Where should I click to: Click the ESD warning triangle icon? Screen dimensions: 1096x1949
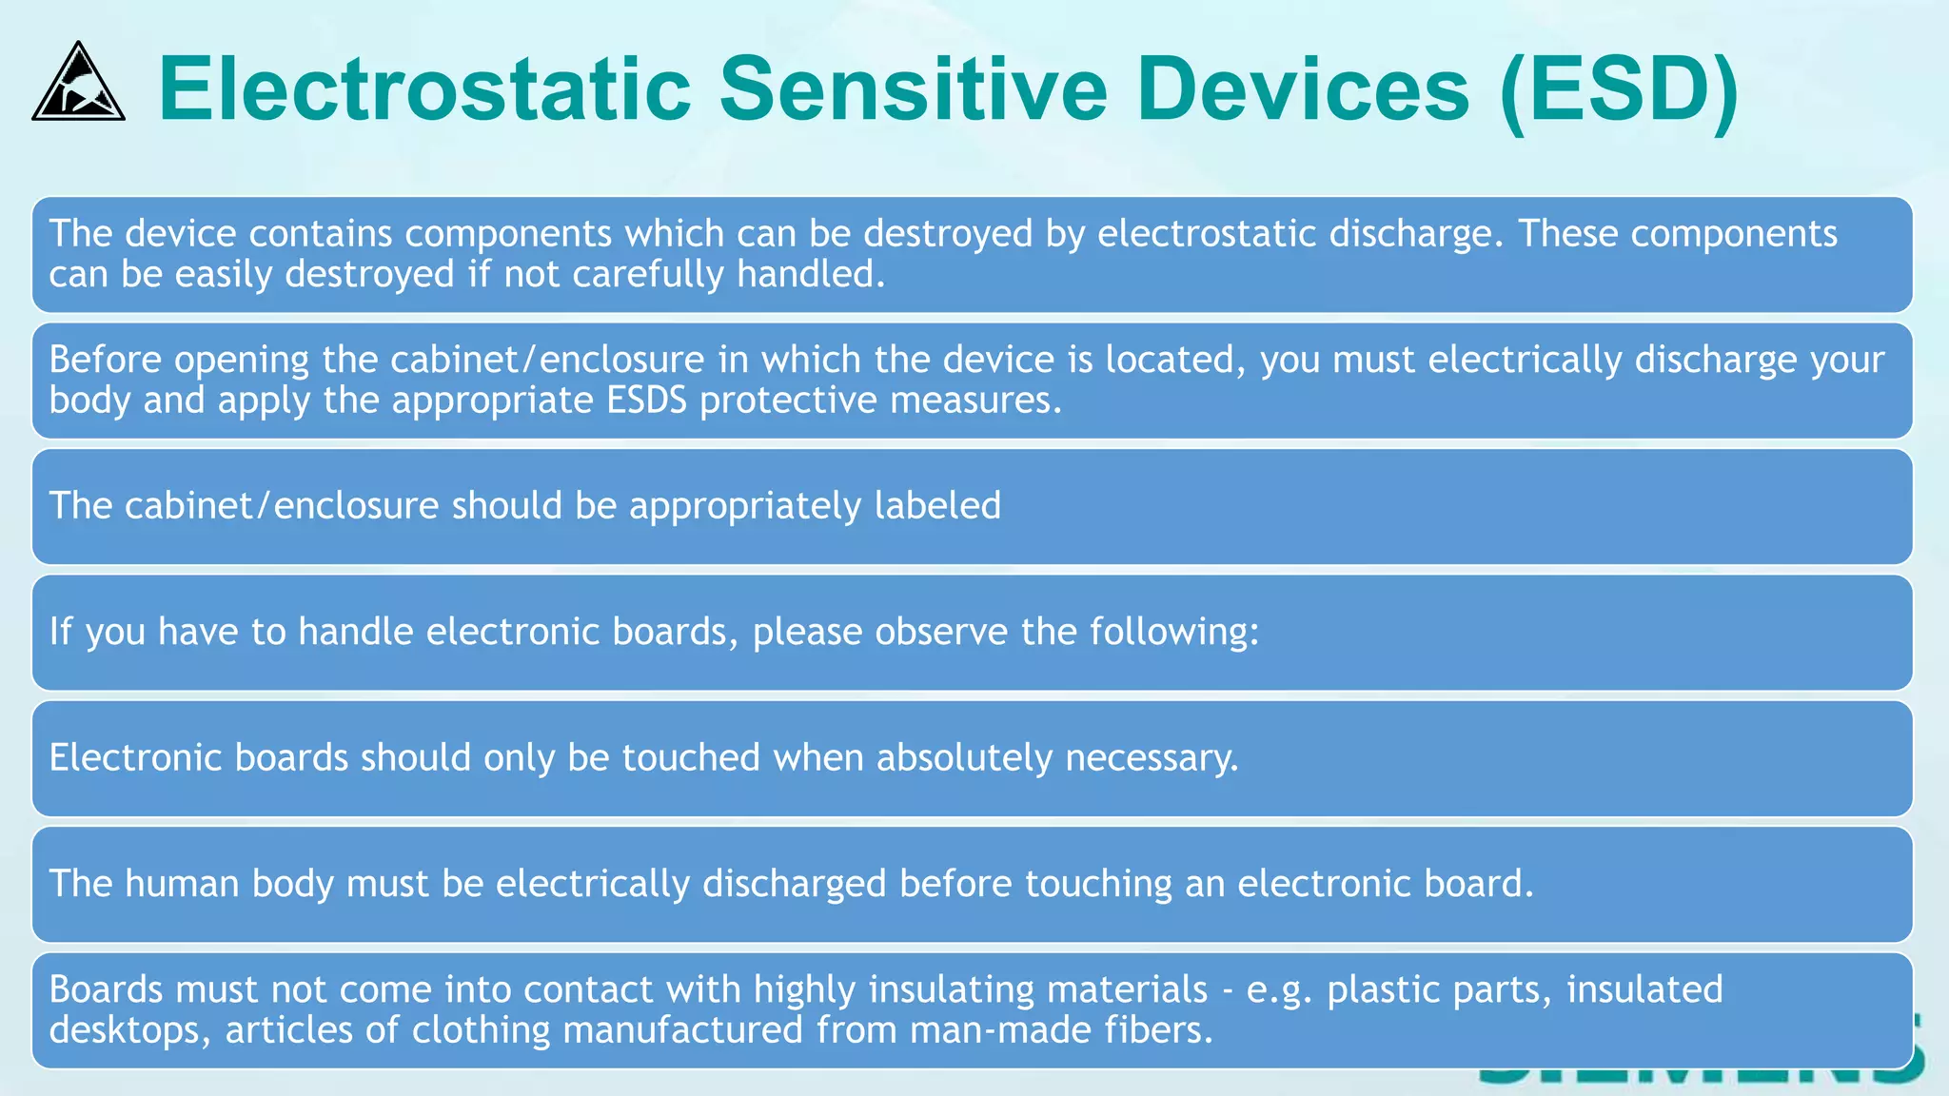click(78, 84)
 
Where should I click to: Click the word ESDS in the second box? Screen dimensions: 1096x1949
click(646, 401)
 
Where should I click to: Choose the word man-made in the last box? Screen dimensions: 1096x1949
click(1000, 1030)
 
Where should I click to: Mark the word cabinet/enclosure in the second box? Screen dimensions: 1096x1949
click(547, 361)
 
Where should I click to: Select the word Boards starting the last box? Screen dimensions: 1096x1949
click(106, 990)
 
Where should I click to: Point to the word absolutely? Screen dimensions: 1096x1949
click(963, 758)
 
